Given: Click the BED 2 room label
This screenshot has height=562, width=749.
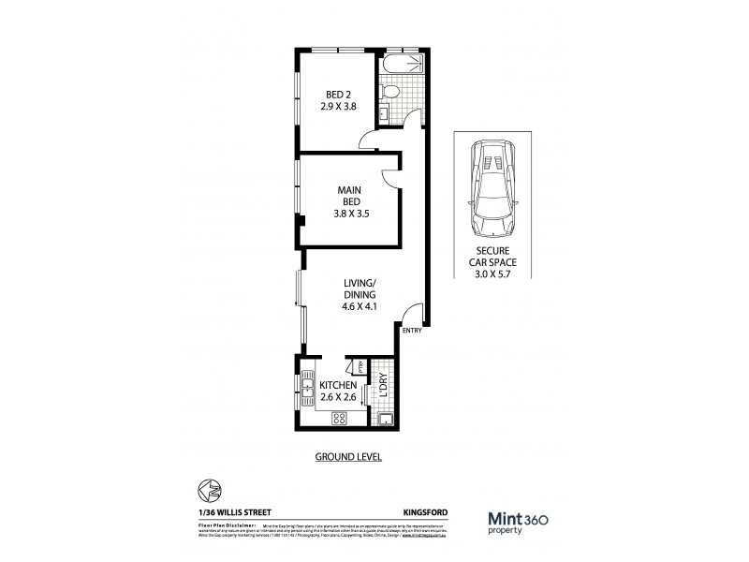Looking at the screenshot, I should click(x=340, y=99).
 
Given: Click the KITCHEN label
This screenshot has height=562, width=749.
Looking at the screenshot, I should click(x=338, y=386).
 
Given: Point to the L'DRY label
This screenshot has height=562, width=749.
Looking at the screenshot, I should click(x=384, y=386).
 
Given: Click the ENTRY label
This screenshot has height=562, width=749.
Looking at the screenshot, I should click(x=412, y=331).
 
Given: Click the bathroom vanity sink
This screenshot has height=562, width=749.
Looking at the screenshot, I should click(x=384, y=113).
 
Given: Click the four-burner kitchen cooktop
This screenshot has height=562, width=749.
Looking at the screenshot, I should click(x=338, y=420).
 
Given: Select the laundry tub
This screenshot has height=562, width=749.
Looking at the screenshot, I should click(x=382, y=419).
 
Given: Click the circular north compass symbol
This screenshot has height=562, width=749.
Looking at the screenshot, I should click(x=212, y=489).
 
